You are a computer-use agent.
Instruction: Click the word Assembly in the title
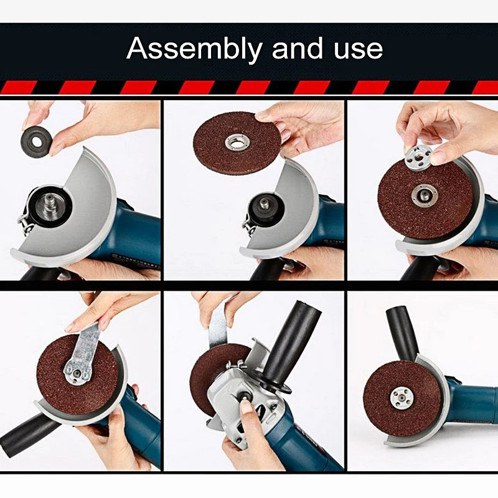[x=194, y=49]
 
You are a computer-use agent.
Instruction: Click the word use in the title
[x=358, y=49]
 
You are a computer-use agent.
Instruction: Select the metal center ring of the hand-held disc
[x=237, y=142]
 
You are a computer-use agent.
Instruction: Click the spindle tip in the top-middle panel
[x=263, y=203]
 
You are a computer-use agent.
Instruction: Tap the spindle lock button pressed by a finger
[x=245, y=397]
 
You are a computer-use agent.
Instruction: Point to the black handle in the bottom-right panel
[x=402, y=334]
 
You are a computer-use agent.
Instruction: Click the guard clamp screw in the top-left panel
[x=26, y=222]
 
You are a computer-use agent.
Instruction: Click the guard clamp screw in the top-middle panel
[x=248, y=225]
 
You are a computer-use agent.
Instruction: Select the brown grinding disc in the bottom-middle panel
[x=216, y=378]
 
